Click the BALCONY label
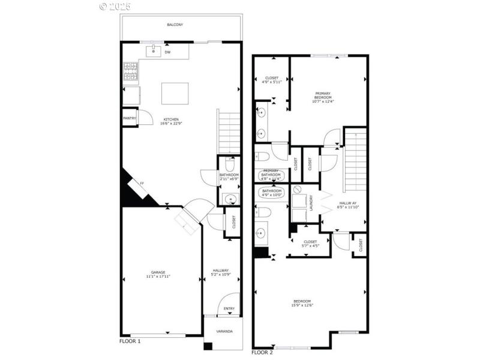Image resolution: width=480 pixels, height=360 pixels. [x=175, y=25]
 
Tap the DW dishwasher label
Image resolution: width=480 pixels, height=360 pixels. [x=167, y=52]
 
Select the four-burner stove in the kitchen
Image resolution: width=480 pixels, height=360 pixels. [x=131, y=72]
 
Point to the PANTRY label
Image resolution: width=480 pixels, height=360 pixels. [x=130, y=118]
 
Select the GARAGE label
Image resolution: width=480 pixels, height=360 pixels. [x=158, y=272]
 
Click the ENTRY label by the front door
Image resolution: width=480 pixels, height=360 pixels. [x=229, y=309]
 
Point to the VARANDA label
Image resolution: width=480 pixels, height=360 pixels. [x=224, y=331]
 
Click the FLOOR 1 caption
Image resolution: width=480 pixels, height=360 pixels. [x=130, y=341]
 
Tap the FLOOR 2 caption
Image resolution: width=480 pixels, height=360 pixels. [x=262, y=352]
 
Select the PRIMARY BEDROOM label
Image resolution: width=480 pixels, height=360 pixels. [x=327, y=95]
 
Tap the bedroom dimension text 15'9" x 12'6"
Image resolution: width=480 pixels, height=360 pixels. [x=302, y=305]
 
